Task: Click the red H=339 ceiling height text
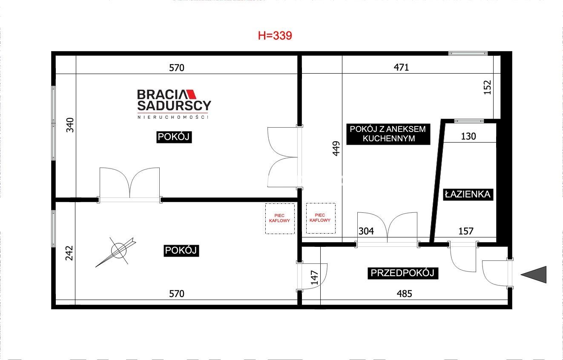275,36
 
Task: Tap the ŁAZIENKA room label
468,194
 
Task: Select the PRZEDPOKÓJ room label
402,273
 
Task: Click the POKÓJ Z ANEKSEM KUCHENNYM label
388,134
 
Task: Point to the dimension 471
401,67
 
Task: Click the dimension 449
336,149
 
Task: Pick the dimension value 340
70,125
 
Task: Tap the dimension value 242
69,253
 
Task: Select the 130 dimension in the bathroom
468,137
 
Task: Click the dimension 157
466,231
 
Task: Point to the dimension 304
366,231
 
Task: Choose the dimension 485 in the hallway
405,294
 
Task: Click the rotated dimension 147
315,277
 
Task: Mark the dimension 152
487,87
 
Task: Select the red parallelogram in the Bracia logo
191,94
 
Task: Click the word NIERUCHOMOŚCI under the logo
173,117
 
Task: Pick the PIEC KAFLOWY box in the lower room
280,219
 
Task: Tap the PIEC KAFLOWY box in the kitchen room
320,218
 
